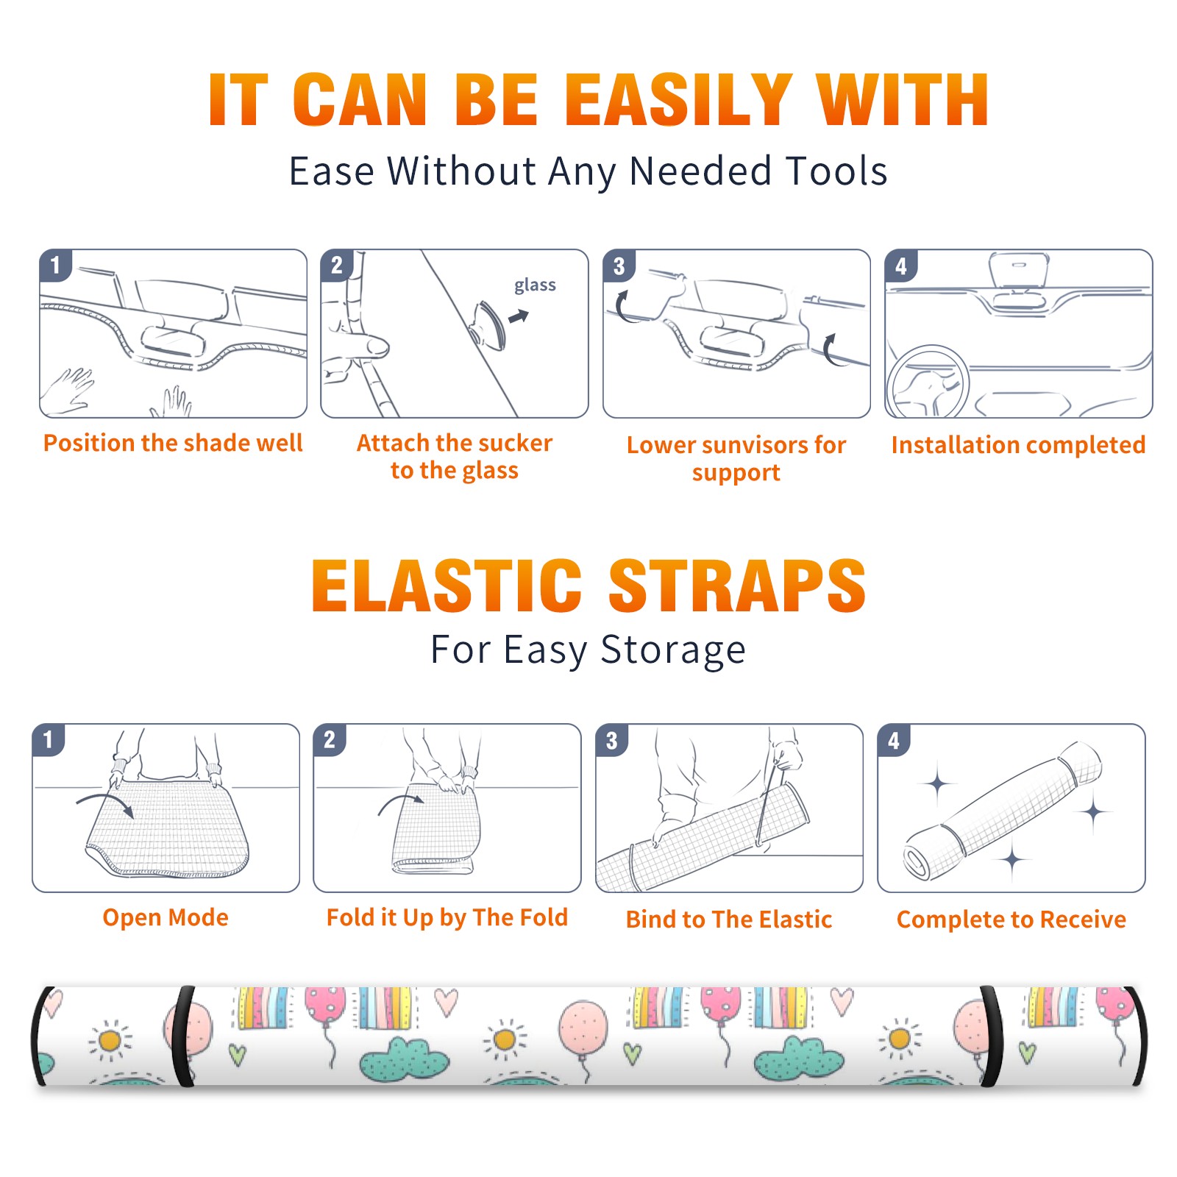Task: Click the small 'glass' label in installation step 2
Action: point(535,285)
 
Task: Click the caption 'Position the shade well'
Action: point(173,443)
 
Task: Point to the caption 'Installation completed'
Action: point(1018,445)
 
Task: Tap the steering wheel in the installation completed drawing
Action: point(928,381)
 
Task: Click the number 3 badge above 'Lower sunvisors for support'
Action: point(619,266)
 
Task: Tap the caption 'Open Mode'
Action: point(166,918)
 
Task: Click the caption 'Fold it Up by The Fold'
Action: point(447,918)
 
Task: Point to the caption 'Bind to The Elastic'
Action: point(729,920)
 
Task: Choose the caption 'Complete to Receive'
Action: point(1011,920)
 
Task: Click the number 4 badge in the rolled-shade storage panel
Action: point(894,740)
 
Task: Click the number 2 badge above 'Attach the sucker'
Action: point(337,266)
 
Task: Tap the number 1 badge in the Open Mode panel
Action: point(49,740)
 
